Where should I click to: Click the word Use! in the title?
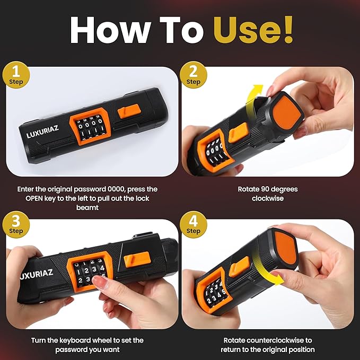[x=253, y=30]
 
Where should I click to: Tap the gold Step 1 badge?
[x=16, y=75]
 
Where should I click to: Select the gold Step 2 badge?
[x=194, y=75]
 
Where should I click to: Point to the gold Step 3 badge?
[x=16, y=225]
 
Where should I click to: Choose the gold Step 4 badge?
[x=194, y=225]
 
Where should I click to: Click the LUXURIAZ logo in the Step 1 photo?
[x=42, y=132]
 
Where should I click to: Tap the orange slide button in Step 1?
[x=128, y=111]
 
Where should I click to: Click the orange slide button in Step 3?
[x=137, y=259]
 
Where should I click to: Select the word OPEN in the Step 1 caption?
[x=34, y=198]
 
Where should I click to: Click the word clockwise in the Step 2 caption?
[x=268, y=198]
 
